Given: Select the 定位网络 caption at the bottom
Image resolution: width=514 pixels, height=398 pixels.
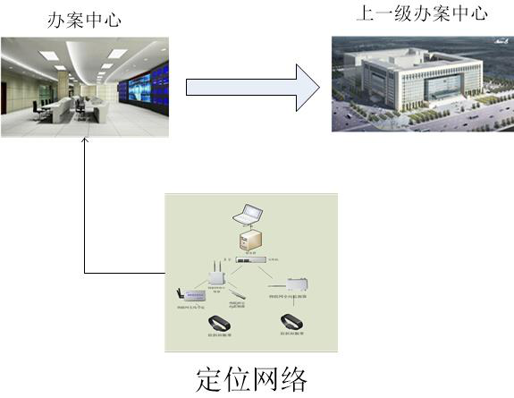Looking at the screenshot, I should [251, 379].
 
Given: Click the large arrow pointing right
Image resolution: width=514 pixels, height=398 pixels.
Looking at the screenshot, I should [252, 87].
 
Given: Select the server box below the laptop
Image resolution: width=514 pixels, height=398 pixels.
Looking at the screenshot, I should [247, 242].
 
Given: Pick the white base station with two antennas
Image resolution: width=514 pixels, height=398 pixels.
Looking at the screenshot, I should [215, 279].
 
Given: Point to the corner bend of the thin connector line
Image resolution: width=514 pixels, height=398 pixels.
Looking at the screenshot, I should [85, 273].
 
